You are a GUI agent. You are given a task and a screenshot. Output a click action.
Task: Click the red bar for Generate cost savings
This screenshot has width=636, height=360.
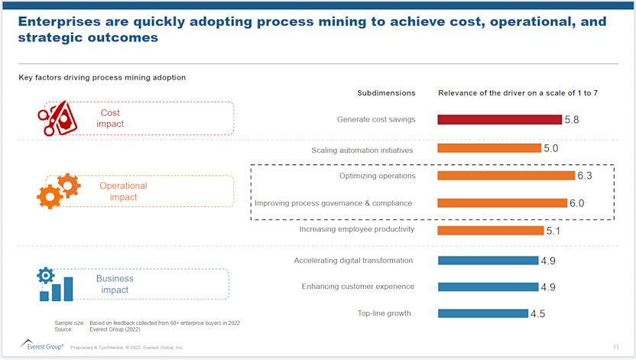click(x=499, y=119)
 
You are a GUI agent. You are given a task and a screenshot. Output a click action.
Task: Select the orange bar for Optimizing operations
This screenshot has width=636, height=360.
click(x=505, y=176)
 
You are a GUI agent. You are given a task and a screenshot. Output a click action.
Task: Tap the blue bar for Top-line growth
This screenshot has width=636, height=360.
click(x=482, y=313)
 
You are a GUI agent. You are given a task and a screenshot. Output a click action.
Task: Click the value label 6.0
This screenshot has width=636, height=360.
click(x=576, y=203)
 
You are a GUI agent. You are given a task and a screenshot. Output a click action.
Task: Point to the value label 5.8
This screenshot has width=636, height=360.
click(x=572, y=120)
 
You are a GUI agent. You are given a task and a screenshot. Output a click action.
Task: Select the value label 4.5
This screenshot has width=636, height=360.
click(x=539, y=313)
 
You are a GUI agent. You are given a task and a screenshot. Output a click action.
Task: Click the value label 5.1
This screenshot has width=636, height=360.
click(x=554, y=230)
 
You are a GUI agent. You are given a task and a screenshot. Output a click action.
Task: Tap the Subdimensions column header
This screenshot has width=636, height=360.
click(x=386, y=92)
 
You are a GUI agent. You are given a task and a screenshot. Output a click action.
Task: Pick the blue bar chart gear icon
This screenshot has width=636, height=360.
click(x=55, y=284)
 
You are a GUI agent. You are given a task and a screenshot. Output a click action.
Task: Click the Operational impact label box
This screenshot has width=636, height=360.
click(x=140, y=191)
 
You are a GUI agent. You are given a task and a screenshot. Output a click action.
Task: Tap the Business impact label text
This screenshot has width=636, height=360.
click(x=115, y=284)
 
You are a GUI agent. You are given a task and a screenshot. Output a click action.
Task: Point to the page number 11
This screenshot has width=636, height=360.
click(x=615, y=347)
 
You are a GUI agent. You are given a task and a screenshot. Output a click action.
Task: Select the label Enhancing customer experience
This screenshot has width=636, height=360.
click(x=358, y=287)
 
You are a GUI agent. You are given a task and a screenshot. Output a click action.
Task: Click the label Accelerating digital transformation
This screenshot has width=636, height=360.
click(x=353, y=261)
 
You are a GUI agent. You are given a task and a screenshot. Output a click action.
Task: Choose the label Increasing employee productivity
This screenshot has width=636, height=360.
click(x=356, y=229)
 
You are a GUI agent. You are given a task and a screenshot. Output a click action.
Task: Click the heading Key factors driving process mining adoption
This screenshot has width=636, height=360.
click(x=102, y=77)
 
